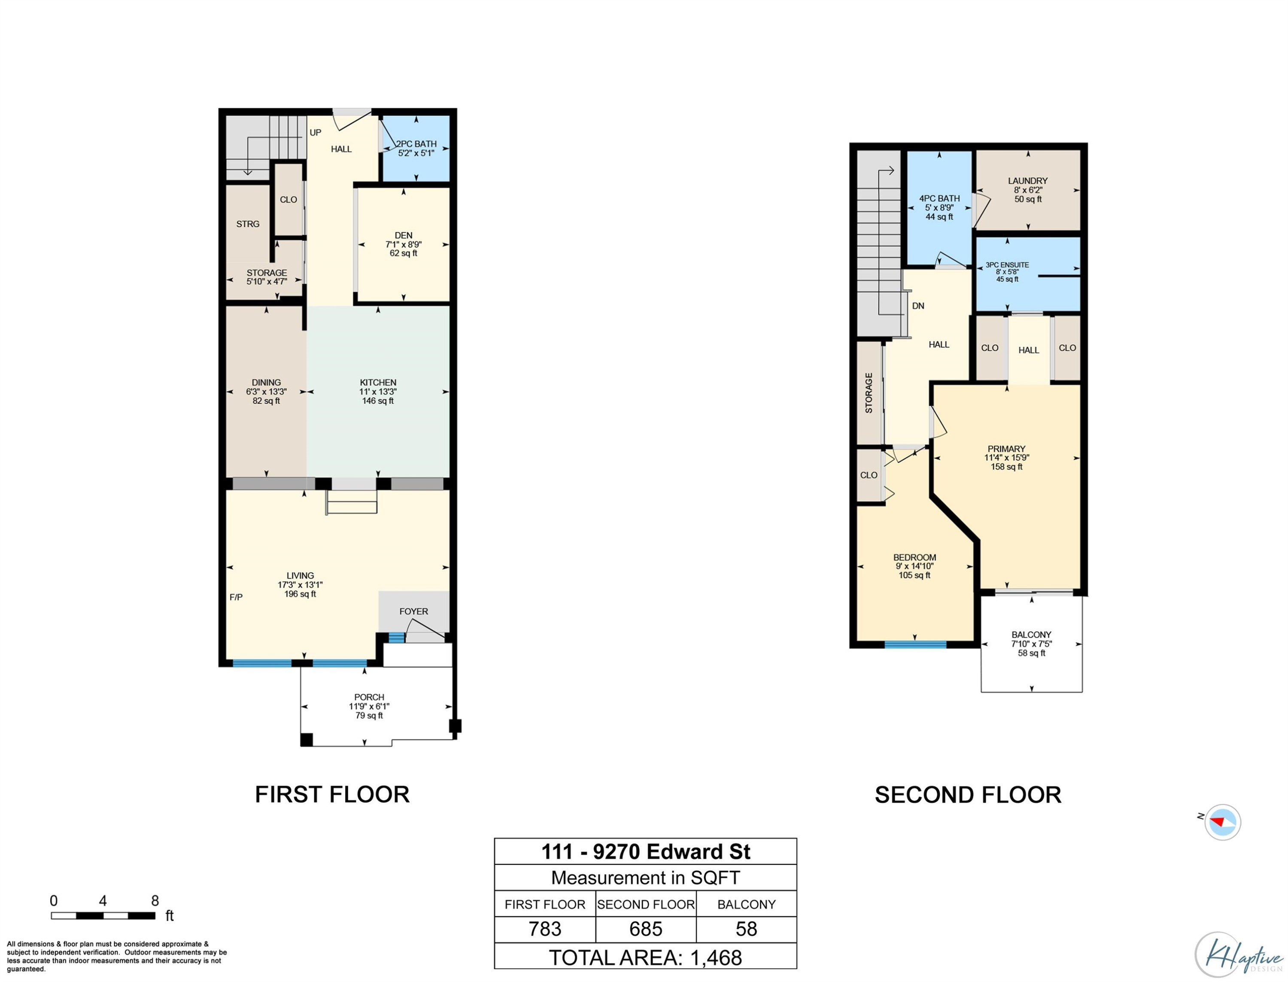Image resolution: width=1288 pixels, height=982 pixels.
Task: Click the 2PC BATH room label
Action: (416, 144)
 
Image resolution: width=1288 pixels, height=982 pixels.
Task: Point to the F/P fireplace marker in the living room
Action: (236, 597)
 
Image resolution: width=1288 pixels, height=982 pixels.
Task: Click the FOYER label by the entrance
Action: (414, 611)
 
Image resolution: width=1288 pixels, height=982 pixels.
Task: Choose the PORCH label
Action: (369, 697)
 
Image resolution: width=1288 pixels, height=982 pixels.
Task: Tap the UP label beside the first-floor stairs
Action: (316, 133)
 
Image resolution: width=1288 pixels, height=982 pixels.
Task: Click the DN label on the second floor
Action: (918, 306)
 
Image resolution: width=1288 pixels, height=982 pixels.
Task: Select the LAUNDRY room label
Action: (1028, 181)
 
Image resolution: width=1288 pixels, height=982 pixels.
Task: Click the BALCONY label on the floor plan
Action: (1031, 635)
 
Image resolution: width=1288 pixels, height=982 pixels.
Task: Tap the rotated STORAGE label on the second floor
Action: (869, 393)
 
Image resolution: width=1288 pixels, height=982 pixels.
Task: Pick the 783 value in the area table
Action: (545, 929)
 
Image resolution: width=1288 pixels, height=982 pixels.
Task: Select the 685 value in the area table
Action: (646, 929)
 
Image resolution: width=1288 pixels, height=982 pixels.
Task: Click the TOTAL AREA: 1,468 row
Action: (645, 958)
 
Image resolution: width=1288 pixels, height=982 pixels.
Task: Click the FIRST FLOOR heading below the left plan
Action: (332, 795)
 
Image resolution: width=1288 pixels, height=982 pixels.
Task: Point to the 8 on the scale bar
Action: (155, 901)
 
